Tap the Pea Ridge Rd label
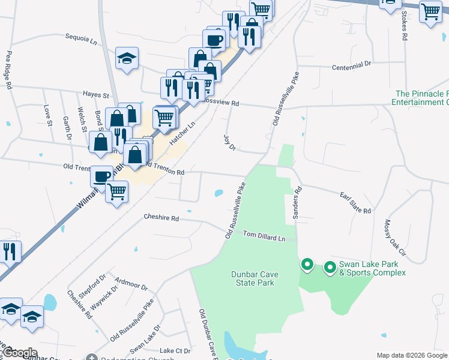coord(9,70)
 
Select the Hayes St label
coord(96,95)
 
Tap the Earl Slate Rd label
coord(355,202)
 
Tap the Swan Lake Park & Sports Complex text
coord(372,268)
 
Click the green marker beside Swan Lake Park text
coord(330,267)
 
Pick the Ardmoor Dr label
coord(131,283)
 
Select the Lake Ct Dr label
coord(175,350)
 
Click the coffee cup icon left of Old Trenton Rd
coord(101,176)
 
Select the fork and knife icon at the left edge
coord(9,251)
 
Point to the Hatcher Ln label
coord(182,133)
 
